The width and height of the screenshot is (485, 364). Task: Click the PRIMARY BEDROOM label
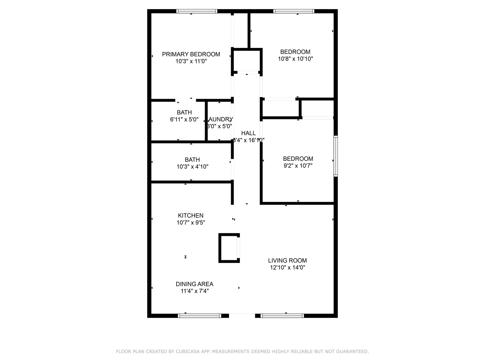pos(191,54)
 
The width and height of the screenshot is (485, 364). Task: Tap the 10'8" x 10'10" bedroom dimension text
pos(295,59)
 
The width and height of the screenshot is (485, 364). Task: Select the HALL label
pos(248,133)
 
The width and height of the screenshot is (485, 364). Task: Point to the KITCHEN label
pos(191,216)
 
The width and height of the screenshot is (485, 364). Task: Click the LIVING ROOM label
pos(287,261)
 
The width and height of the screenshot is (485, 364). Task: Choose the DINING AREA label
pos(194,284)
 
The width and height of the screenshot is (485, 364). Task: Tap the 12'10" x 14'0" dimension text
pos(287,268)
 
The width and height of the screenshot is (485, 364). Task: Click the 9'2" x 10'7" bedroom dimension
pos(298,166)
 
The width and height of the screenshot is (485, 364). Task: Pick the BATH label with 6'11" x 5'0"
pos(184,113)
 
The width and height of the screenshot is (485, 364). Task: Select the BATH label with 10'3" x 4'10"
pos(192,160)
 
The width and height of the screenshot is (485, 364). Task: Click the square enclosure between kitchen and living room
pos(229,248)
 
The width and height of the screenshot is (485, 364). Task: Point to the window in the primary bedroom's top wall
pos(197,11)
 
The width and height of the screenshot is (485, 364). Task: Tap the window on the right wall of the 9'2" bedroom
pos(335,156)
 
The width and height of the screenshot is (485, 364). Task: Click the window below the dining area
pos(199,316)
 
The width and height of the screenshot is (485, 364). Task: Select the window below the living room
pos(282,316)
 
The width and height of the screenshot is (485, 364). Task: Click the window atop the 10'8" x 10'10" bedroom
pos(294,11)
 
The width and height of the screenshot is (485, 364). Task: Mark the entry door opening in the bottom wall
pos(242,316)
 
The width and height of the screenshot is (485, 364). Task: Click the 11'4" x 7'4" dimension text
pos(194,291)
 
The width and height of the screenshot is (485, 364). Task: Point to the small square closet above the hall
pos(247,61)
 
